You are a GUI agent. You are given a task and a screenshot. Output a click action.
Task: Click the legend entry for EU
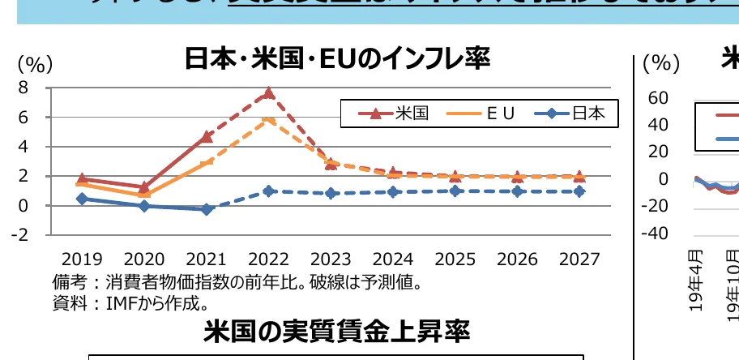[481, 114]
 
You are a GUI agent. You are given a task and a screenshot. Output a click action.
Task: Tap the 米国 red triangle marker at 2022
[269, 93]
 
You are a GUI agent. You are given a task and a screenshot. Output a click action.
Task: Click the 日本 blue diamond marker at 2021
[207, 209]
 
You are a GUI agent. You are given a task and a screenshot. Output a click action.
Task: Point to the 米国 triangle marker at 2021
[207, 136]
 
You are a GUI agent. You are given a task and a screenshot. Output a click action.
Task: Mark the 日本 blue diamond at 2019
[83, 199]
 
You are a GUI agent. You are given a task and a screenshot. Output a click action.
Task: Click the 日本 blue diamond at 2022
[269, 191]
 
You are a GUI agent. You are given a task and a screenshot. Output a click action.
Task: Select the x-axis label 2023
[331, 259]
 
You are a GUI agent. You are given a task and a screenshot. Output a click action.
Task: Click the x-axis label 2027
[579, 259]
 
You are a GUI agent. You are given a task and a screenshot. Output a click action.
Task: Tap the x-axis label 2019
[82, 259]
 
